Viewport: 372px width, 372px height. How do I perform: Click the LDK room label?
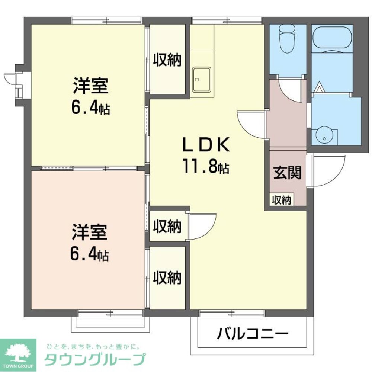pos(206,145)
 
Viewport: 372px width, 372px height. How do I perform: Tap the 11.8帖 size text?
pos(205,167)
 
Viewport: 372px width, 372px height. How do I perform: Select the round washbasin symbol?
pos(325,136)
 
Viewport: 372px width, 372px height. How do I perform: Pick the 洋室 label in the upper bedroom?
pos(90,86)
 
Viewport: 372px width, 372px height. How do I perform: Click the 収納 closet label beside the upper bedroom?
pos(167,60)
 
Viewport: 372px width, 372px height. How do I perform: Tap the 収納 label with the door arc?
pos(167,226)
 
